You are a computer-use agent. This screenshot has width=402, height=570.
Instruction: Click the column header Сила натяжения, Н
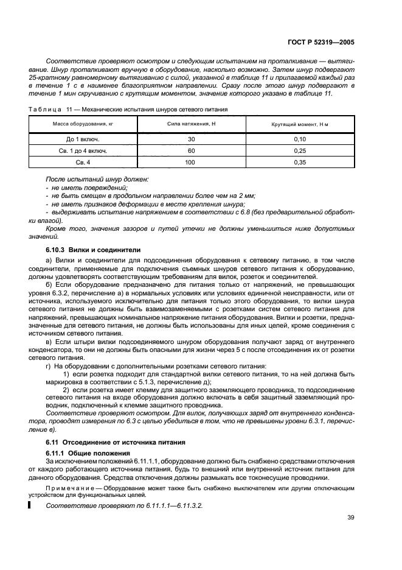coord(192,124)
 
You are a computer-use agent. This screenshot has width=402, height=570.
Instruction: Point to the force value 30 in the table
coord(192,139)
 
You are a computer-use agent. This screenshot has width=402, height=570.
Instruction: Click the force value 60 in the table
coord(192,150)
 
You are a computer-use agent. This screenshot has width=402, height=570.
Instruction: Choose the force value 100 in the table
coord(192,162)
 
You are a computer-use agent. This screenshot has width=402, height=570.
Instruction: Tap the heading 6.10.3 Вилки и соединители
coord(93,250)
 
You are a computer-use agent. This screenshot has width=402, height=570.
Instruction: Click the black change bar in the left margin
coord(29,505)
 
